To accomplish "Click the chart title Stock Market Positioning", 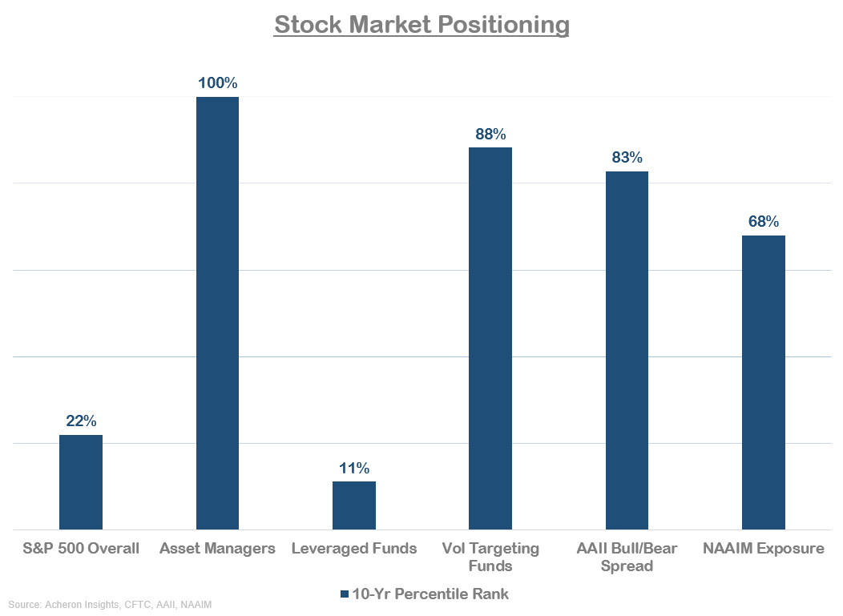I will tap(421, 25).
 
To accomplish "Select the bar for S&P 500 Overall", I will tap(81, 481).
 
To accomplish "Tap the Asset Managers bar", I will tap(217, 312).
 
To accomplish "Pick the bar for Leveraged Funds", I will tap(354, 505).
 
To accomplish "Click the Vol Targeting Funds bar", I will tap(490, 338).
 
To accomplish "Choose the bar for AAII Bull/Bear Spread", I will tap(627, 350).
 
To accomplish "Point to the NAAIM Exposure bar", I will tap(763, 382).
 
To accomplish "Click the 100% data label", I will tap(217, 83).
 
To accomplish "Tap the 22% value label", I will tap(81, 421).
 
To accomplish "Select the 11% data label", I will tap(354, 468).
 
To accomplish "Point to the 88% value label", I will tap(490, 134).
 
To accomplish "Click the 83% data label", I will tap(627, 158).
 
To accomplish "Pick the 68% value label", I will tap(763, 222).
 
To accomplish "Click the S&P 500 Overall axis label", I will tap(81, 549).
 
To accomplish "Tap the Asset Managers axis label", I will tap(217, 549).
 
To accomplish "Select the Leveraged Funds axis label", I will tap(354, 549).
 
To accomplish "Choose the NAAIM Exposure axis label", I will tap(763, 549).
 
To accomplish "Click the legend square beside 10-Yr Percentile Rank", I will tap(345, 594).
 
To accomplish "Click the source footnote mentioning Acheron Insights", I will tap(111, 605).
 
